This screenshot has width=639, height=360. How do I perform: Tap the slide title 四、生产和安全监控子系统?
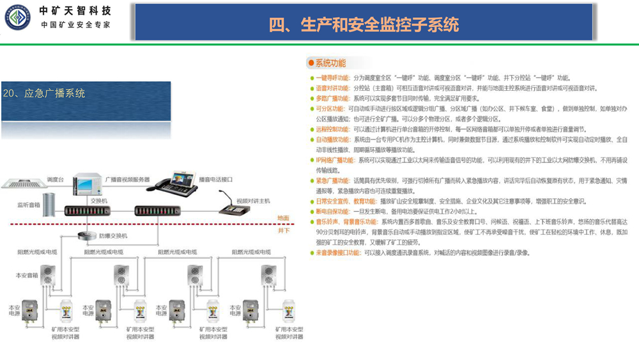click(364, 24)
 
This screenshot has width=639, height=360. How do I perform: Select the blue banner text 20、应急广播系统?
click(44, 93)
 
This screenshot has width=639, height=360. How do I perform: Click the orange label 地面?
click(282, 218)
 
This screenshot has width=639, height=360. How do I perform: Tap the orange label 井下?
click(283, 230)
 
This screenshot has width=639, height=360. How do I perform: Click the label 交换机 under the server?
click(98, 200)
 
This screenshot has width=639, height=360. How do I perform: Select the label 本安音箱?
click(26, 275)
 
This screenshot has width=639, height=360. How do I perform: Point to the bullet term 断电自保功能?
click(332, 212)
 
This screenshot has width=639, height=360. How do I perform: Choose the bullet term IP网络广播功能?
click(335, 160)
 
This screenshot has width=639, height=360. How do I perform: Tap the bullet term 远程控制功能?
click(332, 129)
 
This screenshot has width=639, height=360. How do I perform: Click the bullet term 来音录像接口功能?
click(338, 253)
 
